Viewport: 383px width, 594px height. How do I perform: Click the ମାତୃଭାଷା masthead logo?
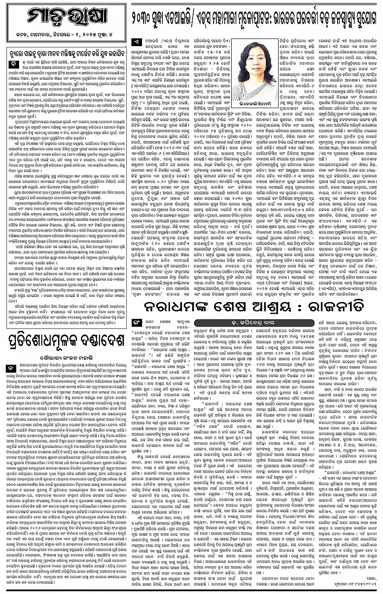pyautogui.click(x=65, y=18)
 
